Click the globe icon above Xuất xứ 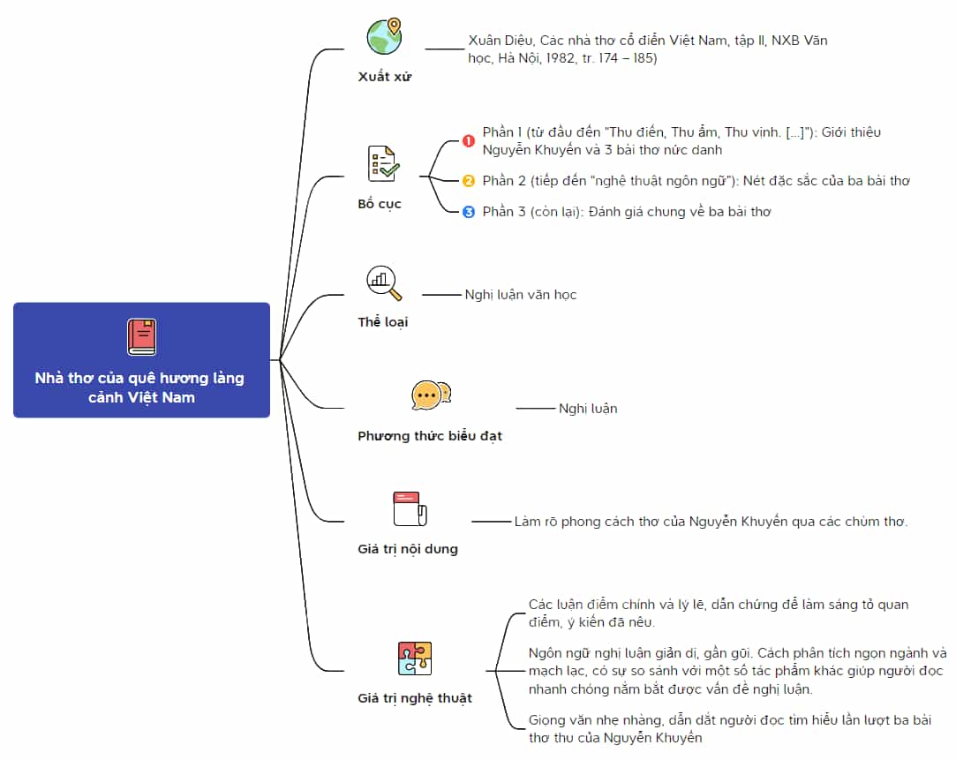coord(384,36)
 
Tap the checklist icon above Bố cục coord(383,163)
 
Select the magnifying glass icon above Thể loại coord(383,282)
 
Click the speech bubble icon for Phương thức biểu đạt coord(431,395)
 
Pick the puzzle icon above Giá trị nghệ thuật coord(415,658)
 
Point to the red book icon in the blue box coord(141,337)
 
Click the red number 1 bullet coord(468,140)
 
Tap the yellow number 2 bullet coord(468,181)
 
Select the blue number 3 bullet coord(468,212)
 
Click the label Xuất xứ coord(385,77)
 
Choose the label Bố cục coord(380,204)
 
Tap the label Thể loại coord(383,322)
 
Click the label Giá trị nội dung coord(408,549)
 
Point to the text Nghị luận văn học coord(521,295)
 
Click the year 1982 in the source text coord(561,58)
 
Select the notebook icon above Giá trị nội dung coord(410,509)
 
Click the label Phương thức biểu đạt coord(430,436)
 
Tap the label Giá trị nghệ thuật coord(415,698)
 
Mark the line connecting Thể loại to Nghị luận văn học coord(442,295)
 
